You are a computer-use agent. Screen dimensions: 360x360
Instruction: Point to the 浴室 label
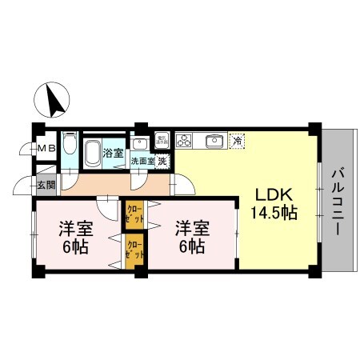113,153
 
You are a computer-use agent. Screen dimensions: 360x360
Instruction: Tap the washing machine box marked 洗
162,161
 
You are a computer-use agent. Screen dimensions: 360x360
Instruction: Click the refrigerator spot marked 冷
237,141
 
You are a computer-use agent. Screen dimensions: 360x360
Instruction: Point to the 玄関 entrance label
45,186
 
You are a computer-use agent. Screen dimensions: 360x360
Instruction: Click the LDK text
275,195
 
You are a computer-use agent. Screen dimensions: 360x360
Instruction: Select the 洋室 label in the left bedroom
77,229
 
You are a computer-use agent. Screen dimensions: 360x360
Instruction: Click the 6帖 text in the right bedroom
191,246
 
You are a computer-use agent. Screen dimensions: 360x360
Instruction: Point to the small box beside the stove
161,140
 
